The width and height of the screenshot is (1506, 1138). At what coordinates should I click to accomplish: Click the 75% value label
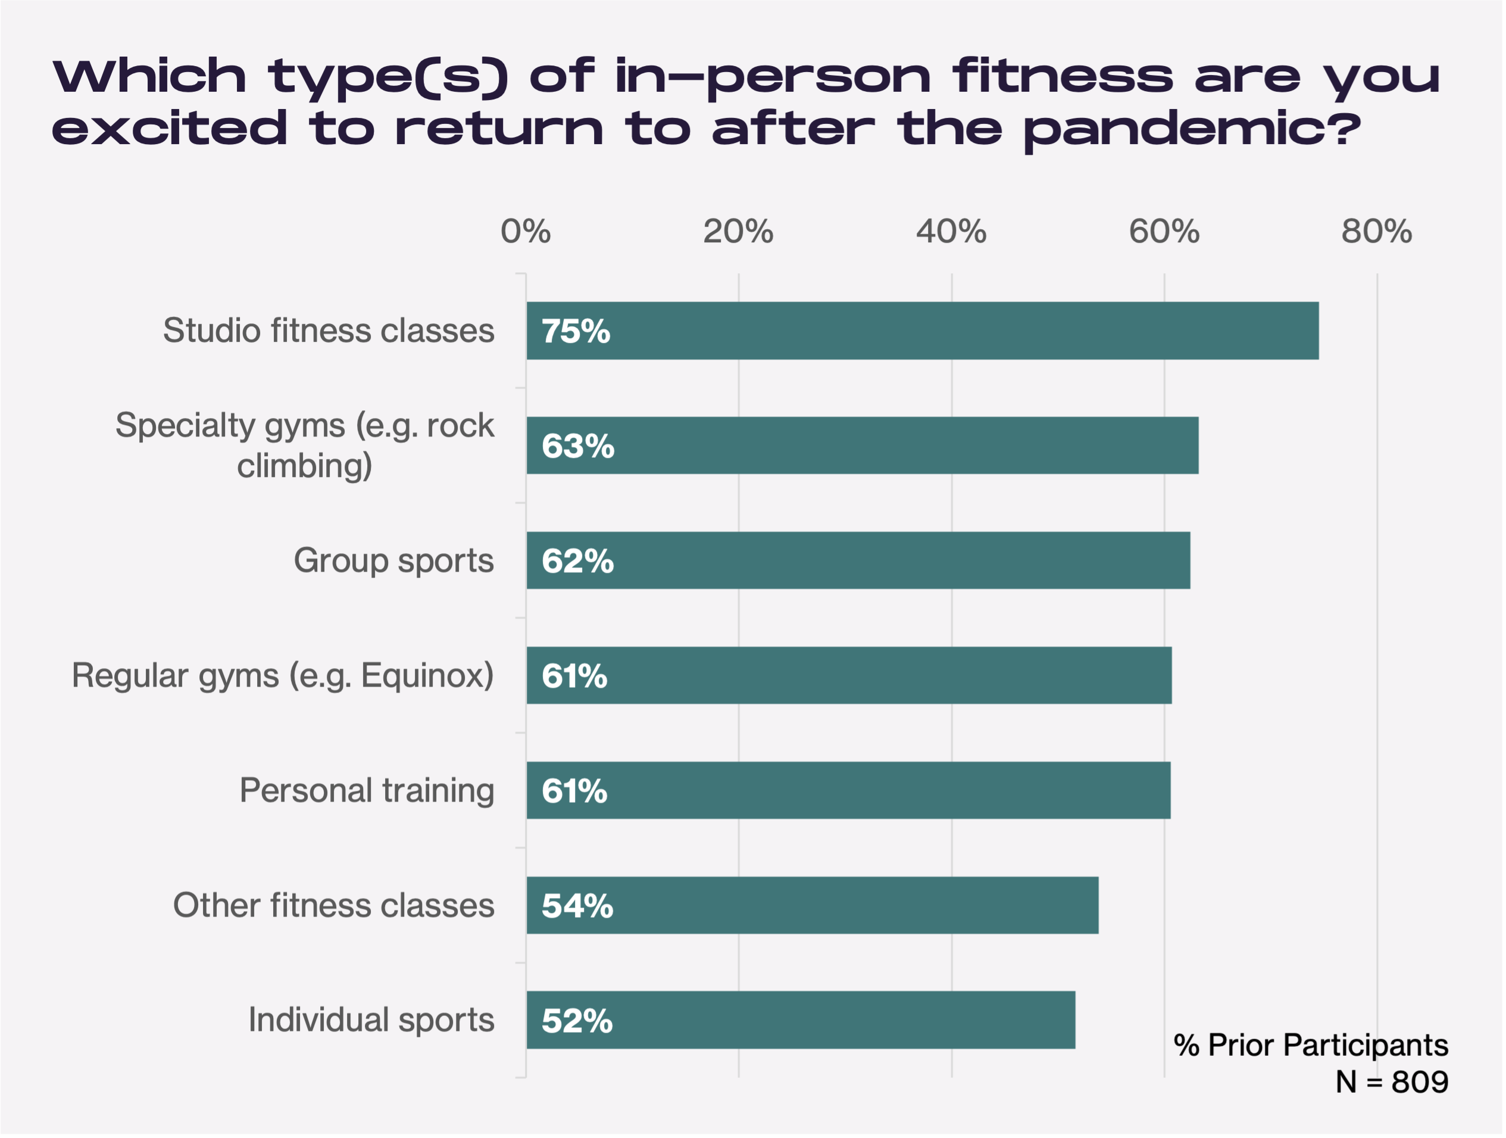575,331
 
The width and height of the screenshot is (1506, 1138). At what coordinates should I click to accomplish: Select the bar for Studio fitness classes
922,331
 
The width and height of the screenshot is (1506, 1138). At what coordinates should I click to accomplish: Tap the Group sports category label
393,560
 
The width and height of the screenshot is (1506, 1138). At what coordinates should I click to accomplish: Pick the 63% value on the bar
577,446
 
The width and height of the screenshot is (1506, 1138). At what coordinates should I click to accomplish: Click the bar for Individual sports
801,1020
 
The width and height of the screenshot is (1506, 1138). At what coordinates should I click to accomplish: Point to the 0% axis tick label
525,232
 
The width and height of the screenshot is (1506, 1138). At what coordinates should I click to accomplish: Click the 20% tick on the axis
738,232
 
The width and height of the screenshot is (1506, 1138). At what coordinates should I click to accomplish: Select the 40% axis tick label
951,232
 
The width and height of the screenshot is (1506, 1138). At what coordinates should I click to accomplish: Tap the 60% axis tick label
1164,232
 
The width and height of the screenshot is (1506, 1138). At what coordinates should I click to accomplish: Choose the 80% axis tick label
1376,232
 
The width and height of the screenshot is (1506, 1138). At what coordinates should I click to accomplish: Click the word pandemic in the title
1192,129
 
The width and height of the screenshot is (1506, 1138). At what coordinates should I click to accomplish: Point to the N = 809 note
1392,1082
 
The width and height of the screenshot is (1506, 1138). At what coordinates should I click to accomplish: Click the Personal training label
366,791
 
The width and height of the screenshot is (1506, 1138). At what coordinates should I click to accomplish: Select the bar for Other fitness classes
813,905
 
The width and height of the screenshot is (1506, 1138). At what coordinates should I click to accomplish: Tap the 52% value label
577,1021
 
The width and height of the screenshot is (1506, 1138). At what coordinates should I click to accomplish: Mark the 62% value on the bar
577,561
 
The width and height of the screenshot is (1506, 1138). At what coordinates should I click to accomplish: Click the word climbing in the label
304,466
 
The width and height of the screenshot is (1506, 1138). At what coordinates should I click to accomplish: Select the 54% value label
577,906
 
